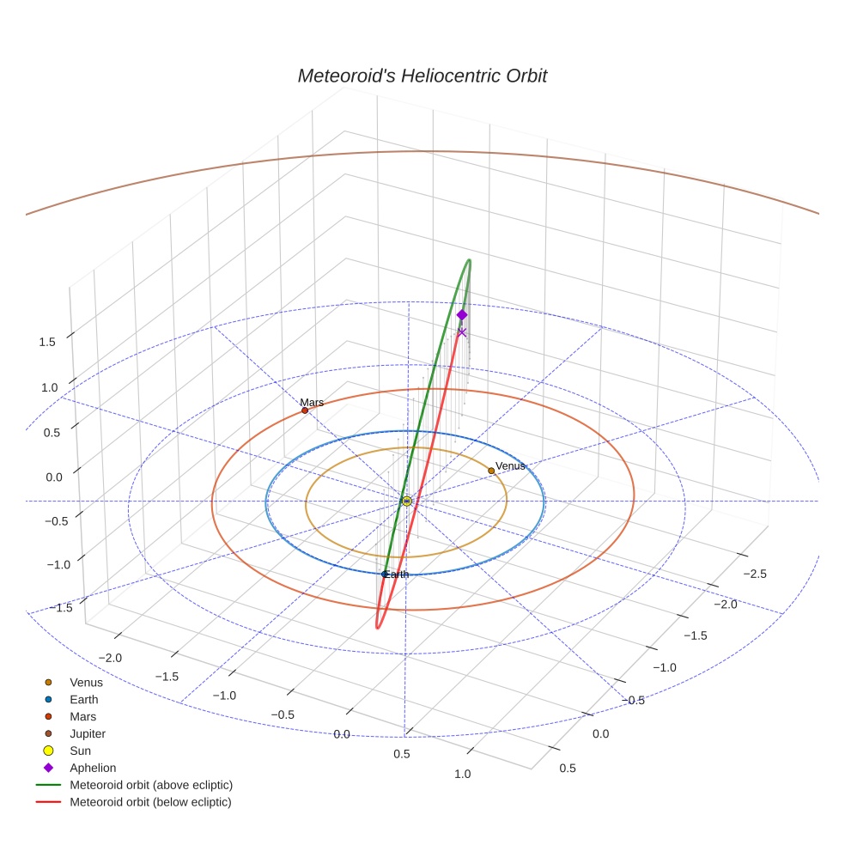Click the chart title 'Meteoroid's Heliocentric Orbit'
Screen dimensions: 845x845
(x=422, y=76)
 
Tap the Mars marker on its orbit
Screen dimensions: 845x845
(x=305, y=410)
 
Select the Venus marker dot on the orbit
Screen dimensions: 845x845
(x=491, y=471)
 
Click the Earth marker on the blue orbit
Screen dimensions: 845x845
(x=384, y=574)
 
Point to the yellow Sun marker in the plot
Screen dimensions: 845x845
(x=406, y=501)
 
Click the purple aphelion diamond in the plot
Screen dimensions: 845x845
(x=462, y=315)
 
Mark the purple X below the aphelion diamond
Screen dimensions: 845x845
(x=462, y=332)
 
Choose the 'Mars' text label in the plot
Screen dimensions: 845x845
(x=312, y=402)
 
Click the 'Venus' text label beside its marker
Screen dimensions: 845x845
(x=510, y=465)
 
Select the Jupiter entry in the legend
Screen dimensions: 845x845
(x=88, y=733)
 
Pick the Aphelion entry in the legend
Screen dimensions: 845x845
(x=93, y=768)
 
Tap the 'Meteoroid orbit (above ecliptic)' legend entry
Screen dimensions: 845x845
(x=151, y=785)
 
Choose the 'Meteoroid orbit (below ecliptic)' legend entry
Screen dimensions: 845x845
(x=151, y=802)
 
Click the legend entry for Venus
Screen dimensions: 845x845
(x=86, y=682)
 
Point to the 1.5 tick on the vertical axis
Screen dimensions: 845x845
(x=48, y=342)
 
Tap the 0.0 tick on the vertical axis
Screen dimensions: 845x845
(x=55, y=477)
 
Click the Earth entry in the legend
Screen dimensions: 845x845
(x=83, y=699)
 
